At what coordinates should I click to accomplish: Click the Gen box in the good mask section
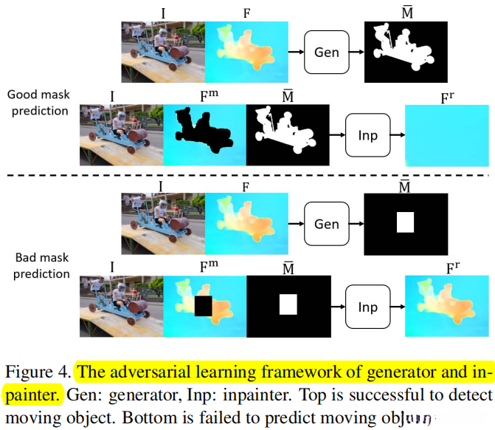pos(326,52)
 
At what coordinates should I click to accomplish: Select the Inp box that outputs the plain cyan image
pos(367,135)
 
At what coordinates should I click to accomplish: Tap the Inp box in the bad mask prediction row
pos(367,307)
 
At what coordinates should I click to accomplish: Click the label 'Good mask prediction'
pos(38,103)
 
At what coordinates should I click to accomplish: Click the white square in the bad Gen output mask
pos(406,222)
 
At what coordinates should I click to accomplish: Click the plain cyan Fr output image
pos(447,136)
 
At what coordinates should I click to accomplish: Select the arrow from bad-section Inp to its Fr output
pos(395,307)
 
